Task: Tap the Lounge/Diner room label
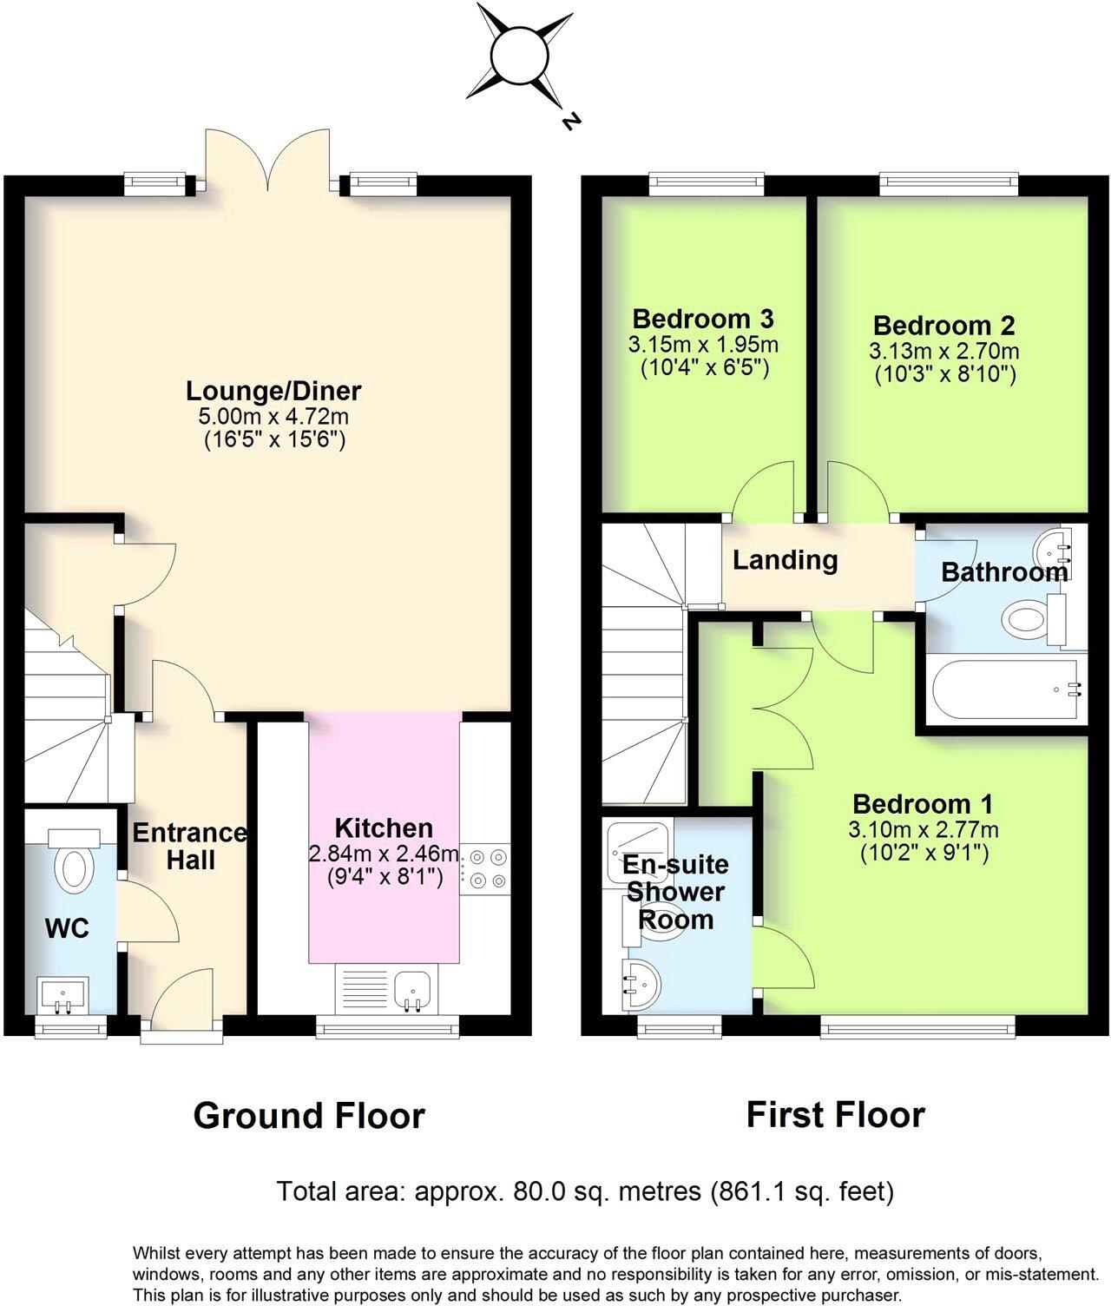[x=273, y=391]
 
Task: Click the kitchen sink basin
[x=413, y=988]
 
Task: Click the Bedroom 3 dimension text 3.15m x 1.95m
[x=703, y=345]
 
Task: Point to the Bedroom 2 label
[x=943, y=326]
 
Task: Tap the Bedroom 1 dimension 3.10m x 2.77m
[x=923, y=829]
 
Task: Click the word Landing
[x=786, y=560]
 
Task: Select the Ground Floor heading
[x=309, y=1116]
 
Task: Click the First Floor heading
[x=835, y=1114]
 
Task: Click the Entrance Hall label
[x=189, y=847]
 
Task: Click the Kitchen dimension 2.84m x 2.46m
[x=384, y=854]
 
